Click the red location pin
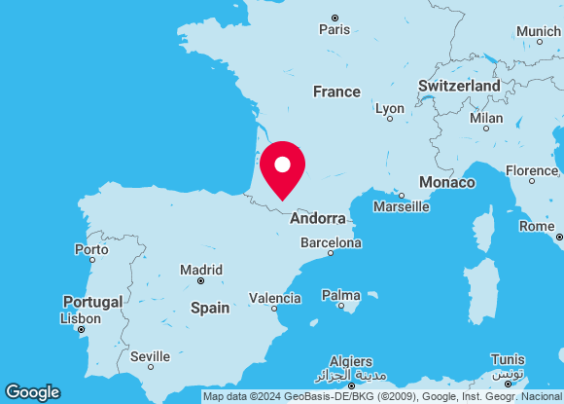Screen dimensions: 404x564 (x=283, y=166)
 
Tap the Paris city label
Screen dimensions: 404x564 (x=334, y=29)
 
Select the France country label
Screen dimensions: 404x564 (x=336, y=92)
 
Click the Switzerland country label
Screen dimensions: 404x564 (x=459, y=86)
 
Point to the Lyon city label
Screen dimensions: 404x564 (x=390, y=108)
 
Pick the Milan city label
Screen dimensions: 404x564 (x=486, y=119)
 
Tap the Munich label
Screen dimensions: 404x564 (x=538, y=31)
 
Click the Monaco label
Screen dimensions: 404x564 (x=447, y=182)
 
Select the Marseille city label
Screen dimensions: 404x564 (x=401, y=206)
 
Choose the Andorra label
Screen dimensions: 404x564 (x=318, y=219)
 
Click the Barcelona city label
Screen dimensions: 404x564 (x=331, y=242)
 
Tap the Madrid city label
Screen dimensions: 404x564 (x=201, y=270)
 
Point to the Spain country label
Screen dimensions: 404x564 (x=210, y=308)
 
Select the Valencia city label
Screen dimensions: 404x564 (x=275, y=298)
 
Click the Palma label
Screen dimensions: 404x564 (x=341, y=295)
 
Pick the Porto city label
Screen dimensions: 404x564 (x=91, y=250)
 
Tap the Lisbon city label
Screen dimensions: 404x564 (x=81, y=318)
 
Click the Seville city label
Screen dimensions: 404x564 (x=150, y=356)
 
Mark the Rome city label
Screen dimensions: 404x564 (x=538, y=226)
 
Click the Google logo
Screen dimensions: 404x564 (x=32, y=392)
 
